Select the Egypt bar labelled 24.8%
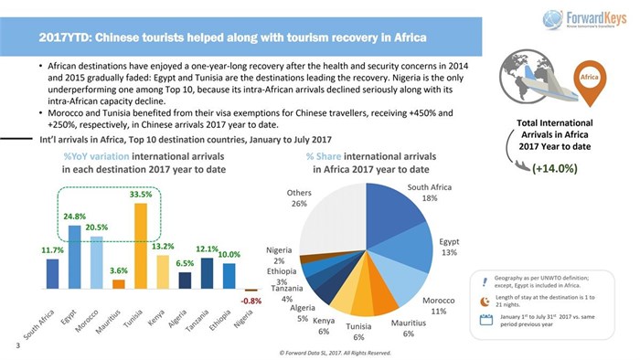74,257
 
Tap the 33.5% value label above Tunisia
140,194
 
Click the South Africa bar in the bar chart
52,273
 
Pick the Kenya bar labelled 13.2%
163,271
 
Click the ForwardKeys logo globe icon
552,19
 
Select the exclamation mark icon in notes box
485,280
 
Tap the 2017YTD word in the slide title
66,37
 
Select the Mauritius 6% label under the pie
402,328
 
